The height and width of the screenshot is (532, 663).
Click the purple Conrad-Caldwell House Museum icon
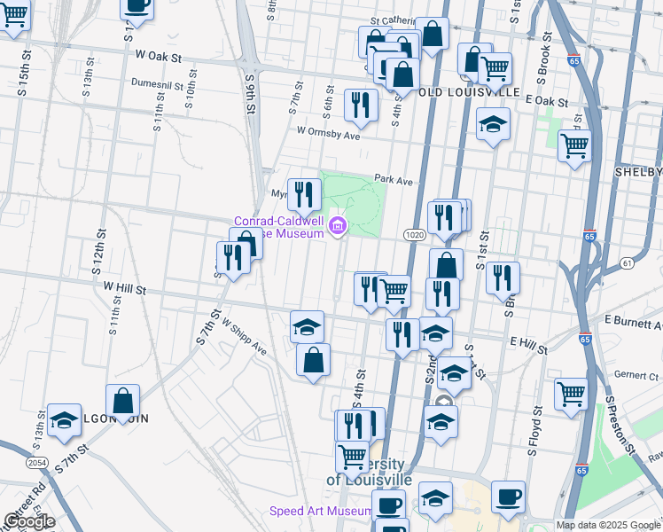337,228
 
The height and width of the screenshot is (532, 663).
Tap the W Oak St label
159,56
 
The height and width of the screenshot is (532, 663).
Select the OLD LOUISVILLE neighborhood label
468,91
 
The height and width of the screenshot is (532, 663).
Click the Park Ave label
394,179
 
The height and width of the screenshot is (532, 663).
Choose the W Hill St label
124,287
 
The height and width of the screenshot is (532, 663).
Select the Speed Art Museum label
321,512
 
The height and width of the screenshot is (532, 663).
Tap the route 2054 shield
38,462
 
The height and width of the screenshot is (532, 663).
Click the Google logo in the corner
28,521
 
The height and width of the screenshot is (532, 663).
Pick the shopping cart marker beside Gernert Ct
572,394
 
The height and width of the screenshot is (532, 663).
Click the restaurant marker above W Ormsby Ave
361,106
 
